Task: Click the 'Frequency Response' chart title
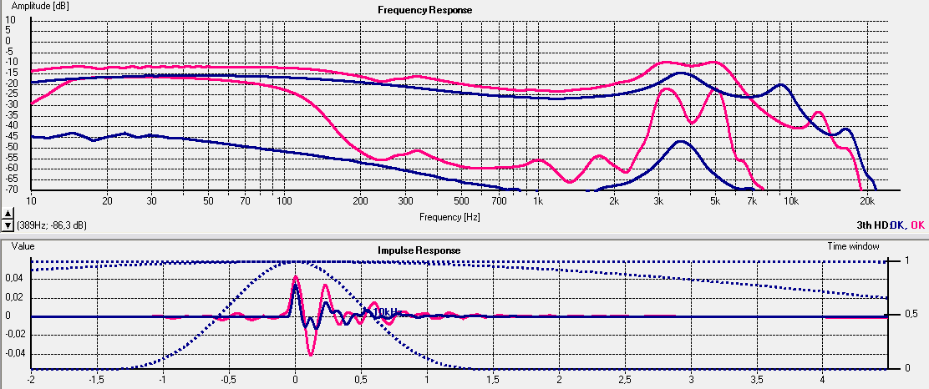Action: [x=424, y=10]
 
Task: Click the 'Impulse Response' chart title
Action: [x=419, y=250]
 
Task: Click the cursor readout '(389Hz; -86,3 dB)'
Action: [x=51, y=225]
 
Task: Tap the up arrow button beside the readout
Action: [x=8, y=215]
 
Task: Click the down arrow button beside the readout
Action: [x=8, y=225]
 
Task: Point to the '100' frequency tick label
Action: [x=284, y=202]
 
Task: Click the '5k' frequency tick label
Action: [x=714, y=202]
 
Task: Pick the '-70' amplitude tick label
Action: [x=12, y=190]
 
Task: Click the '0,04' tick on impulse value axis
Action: [x=14, y=279]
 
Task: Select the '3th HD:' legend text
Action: [x=872, y=225]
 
